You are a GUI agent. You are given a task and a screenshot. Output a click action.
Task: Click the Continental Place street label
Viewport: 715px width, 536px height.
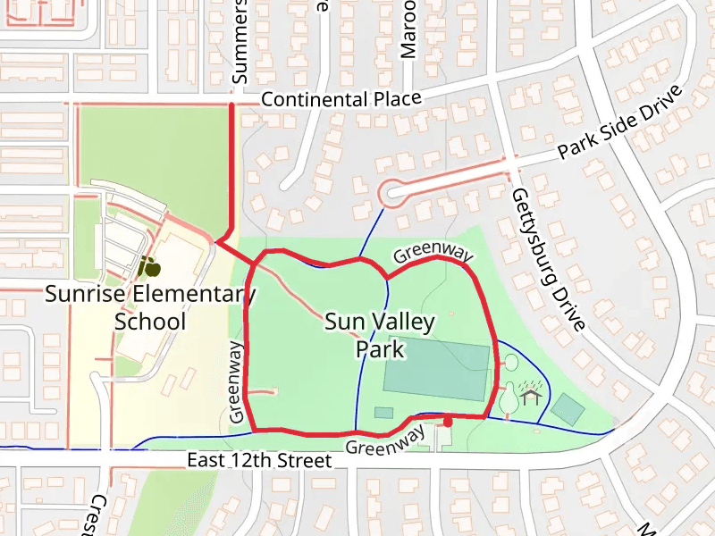pos(341,99)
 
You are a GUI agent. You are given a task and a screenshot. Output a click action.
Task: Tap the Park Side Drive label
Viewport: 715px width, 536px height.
pos(619,123)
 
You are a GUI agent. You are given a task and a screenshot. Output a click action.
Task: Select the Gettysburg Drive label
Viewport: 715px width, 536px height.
pos(547,259)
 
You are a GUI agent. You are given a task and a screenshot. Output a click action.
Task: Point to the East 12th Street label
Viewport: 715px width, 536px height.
pos(259,461)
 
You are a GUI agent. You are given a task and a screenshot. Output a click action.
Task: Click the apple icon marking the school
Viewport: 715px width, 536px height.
pos(148,265)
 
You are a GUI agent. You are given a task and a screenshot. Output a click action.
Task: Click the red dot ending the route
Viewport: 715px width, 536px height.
pos(448,420)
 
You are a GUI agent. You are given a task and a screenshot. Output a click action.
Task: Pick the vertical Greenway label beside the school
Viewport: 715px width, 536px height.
pos(237,381)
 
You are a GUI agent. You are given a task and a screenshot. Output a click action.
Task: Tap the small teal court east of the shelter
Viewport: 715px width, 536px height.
pos(568,408)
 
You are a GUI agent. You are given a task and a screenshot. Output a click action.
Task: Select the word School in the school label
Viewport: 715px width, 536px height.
pos(150,322)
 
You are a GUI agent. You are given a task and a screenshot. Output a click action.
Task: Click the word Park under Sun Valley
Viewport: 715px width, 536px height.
pos(381,348)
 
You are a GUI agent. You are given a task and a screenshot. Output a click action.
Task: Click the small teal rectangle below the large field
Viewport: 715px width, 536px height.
pos(383,412)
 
